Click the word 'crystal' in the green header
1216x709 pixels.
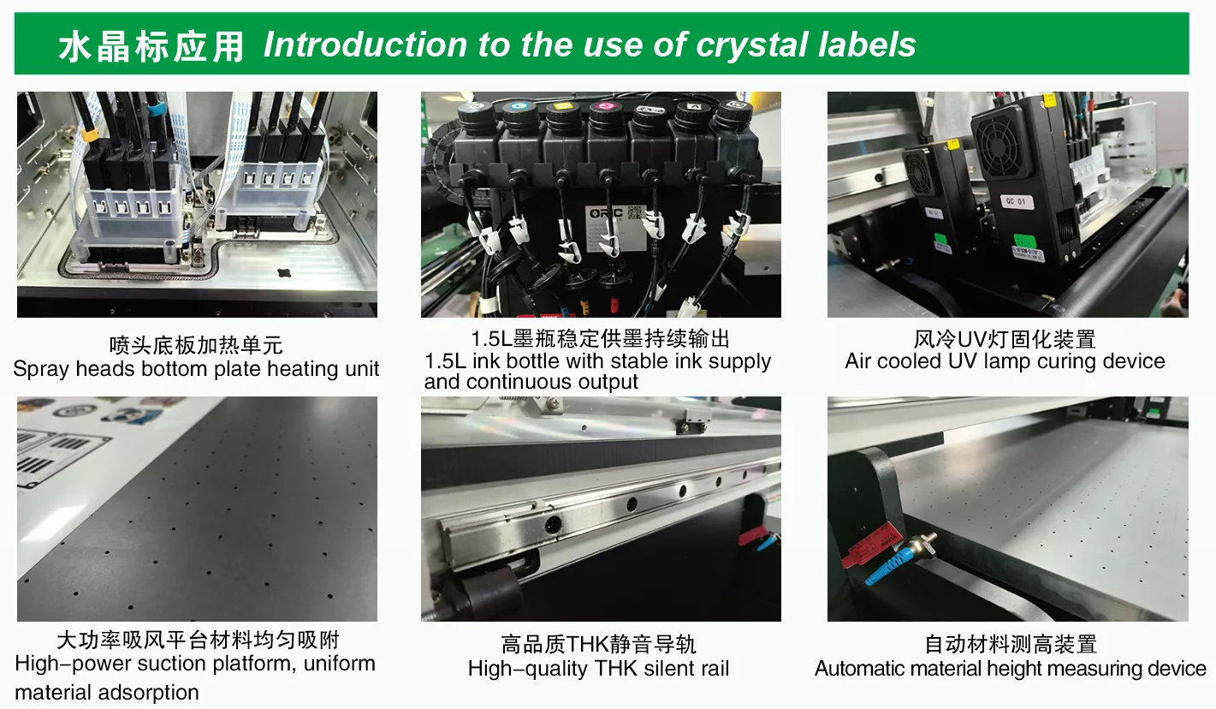[752, 45]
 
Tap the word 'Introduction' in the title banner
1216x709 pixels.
[365, 44]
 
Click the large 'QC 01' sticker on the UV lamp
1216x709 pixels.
[1017, 201]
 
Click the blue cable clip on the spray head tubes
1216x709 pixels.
[155, 110]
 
